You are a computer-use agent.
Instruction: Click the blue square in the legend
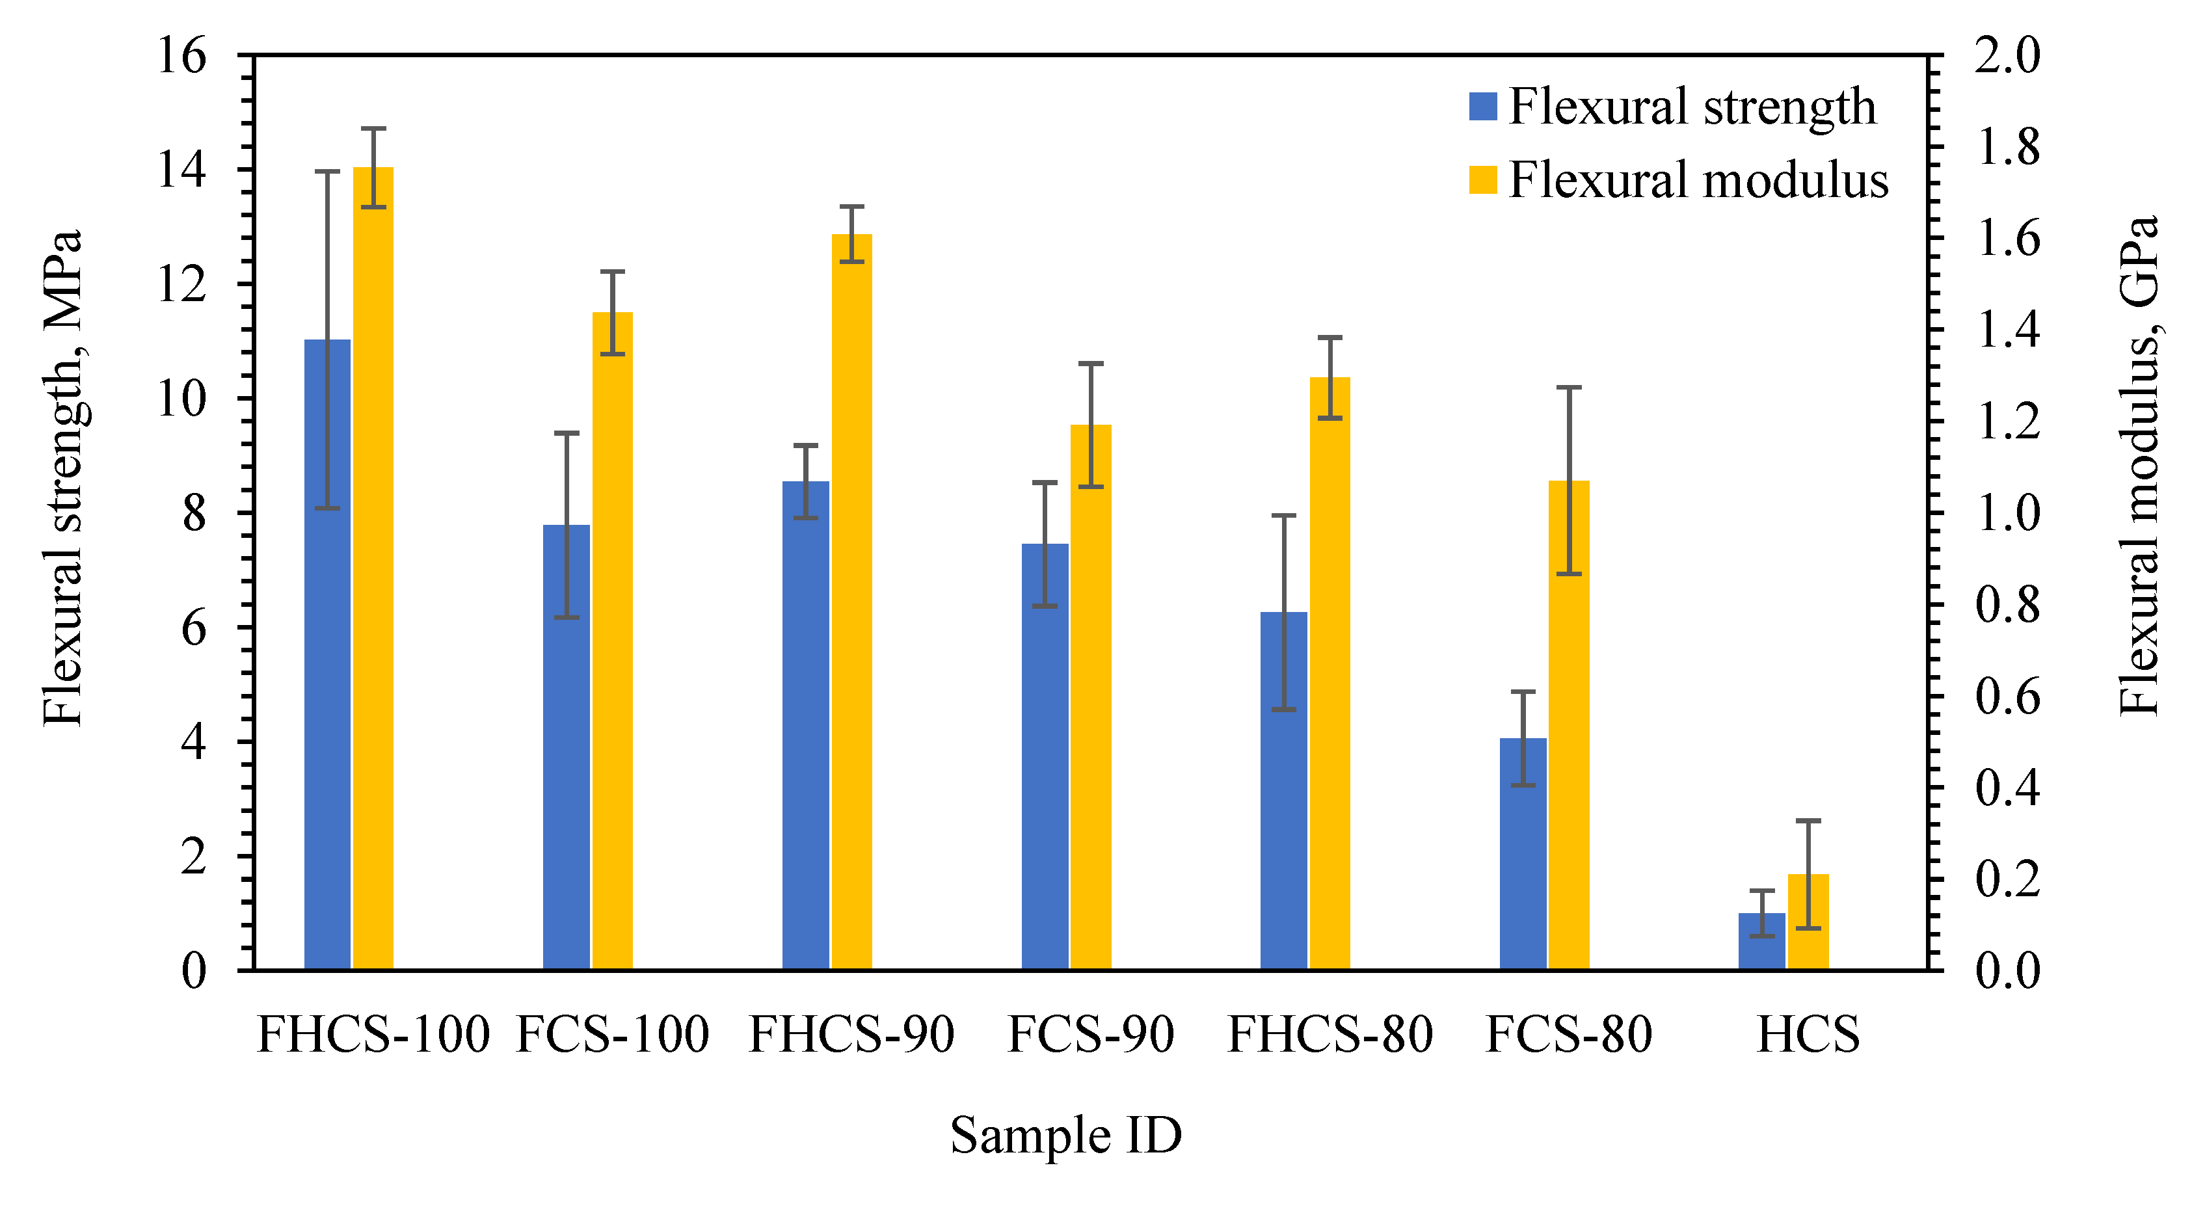1482,106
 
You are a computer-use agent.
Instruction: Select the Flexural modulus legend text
1698,181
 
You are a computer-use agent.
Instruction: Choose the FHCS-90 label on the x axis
851,1034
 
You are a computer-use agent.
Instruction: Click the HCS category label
1808,1034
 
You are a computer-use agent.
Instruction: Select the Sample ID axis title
1065,1135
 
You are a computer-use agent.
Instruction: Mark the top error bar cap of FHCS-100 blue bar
327,171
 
